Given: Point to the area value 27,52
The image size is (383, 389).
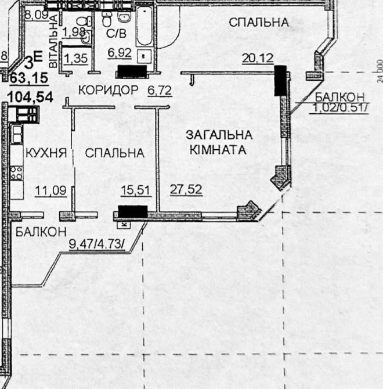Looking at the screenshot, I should click(x=186, y=189).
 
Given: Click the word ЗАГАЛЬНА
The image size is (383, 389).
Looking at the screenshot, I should click(x=219, y=135).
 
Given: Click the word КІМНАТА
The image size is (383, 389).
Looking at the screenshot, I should click(x=218, y=150).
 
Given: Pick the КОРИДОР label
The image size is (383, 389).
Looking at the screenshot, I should click(x=109, y=90).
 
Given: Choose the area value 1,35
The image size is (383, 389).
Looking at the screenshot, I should click(x=76, y=58).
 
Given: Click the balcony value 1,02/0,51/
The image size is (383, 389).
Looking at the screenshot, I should click(x=340, y=107).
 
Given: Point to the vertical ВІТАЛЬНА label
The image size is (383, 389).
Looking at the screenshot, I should click(x=53, y=41).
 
